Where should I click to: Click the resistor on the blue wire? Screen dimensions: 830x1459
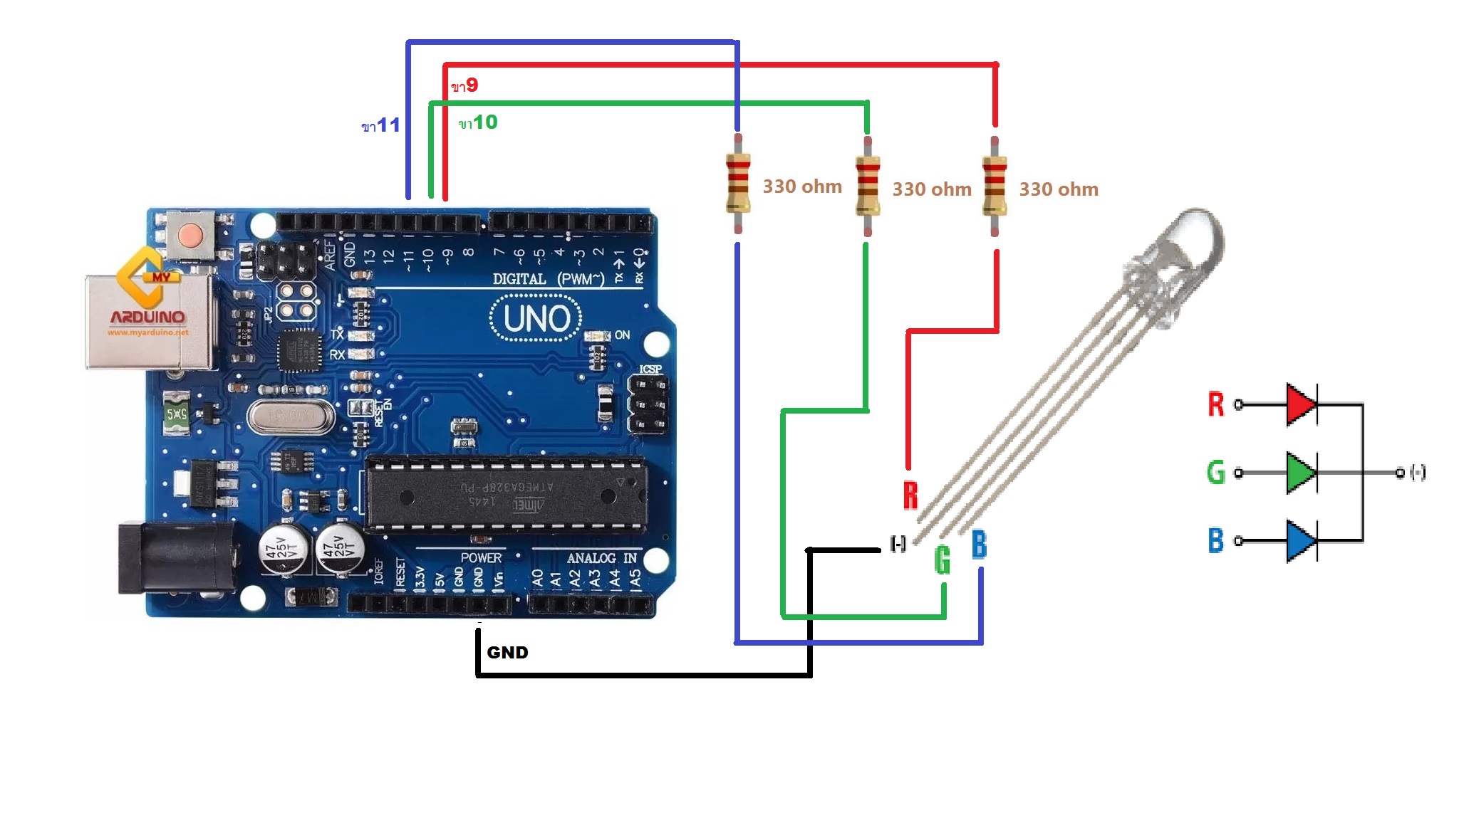point(738,184)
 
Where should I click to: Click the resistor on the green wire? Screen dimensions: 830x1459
point(867,187)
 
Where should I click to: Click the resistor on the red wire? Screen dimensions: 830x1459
point(995,187)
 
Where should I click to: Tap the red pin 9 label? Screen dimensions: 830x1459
point(464,86)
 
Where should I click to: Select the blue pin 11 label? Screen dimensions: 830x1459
point(381,126)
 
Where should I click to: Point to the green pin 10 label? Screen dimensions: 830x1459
point(478,122)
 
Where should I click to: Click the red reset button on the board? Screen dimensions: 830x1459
point(190,233)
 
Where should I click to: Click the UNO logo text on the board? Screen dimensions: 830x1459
point(536,318)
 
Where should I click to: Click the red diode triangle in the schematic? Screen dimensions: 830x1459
point(1300,404)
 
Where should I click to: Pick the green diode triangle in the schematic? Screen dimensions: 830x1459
point(1300,472)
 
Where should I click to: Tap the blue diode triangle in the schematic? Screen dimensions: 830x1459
point(1300,541)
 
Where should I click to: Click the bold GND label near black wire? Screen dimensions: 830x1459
point(507,653)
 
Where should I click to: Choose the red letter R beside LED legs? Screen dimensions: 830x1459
point(910,495)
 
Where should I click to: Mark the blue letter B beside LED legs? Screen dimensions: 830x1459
point(980,545)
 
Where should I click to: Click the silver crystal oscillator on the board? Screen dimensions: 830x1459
point(291,416)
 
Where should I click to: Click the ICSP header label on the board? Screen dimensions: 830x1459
point(650,369)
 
